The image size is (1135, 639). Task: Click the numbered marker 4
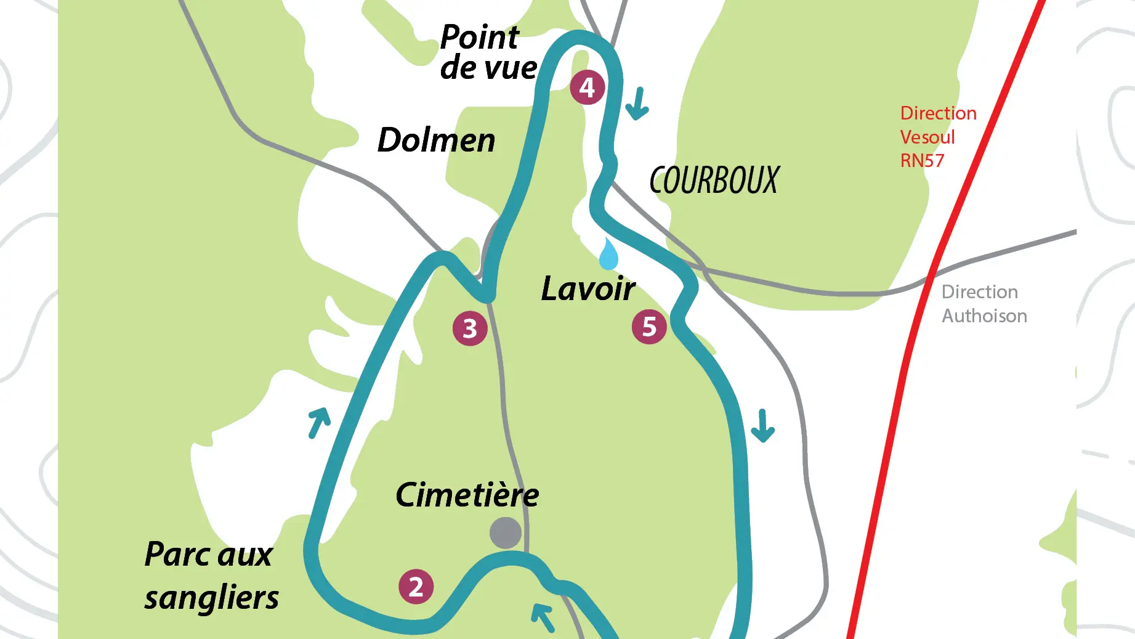[x=587, y=87]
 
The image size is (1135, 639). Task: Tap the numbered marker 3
[x=470, y=328]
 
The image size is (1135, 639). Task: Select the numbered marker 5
[x=649, y=327]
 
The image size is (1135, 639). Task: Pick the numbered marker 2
[x=416, y=587]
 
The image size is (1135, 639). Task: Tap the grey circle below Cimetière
[x=506, y=533]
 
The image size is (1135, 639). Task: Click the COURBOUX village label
[x=714, y=181]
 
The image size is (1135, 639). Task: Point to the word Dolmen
[x=436, y=140]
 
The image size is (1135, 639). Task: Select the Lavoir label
[x=588, y=288]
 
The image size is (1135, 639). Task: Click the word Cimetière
[x=467, y=495]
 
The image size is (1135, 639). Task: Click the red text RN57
[x=922, y=161]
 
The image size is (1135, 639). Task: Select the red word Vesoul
[x=927, y=137]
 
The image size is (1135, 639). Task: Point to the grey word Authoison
[x=984, y=316]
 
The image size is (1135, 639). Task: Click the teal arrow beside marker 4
[x=637, y=104]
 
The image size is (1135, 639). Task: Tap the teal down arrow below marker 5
[x=762, y=426]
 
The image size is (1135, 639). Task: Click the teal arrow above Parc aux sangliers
[x=319, y=422]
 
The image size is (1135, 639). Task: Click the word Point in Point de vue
[x=479, y=38]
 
